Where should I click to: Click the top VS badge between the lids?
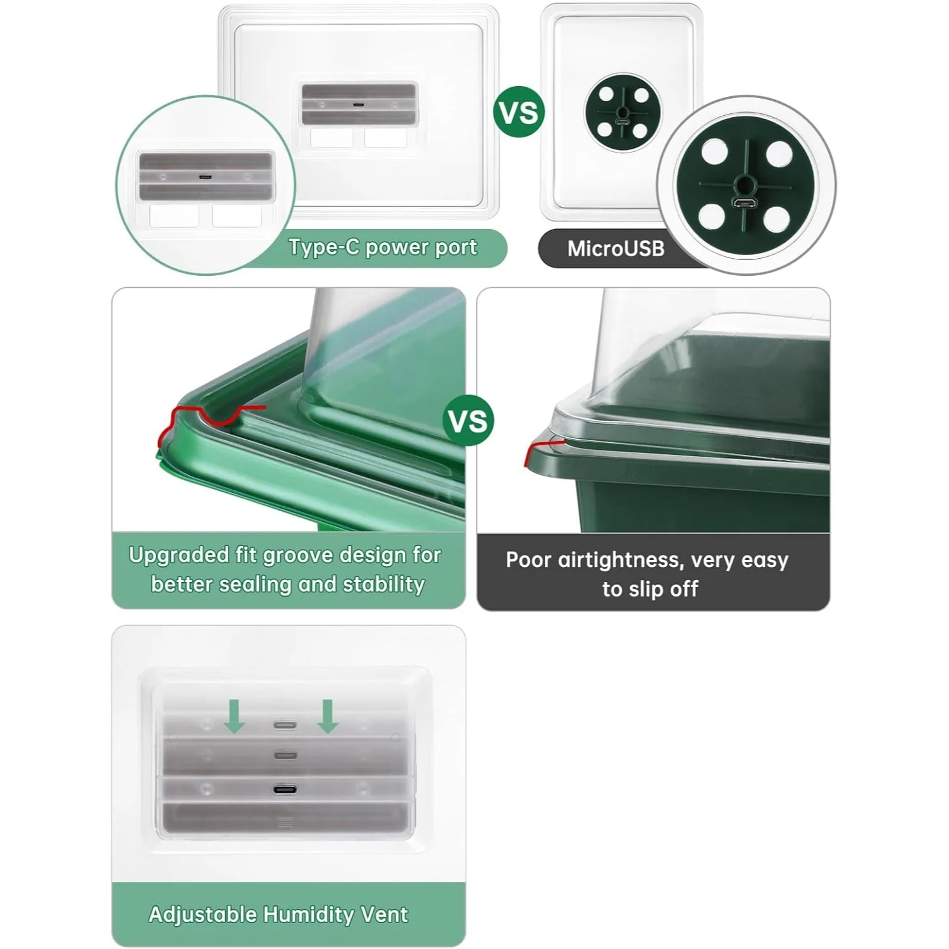pos(519,112)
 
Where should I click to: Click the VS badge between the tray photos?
pos(468,421)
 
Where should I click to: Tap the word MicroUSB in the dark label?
pos(616,249)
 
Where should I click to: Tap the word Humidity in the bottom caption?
pos(308,915)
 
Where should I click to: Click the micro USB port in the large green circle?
pos(745,204)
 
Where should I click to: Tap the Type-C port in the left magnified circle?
pos(206,177)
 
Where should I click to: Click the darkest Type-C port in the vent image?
pos(285,789)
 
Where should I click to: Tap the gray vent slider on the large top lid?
pos(359,104)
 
